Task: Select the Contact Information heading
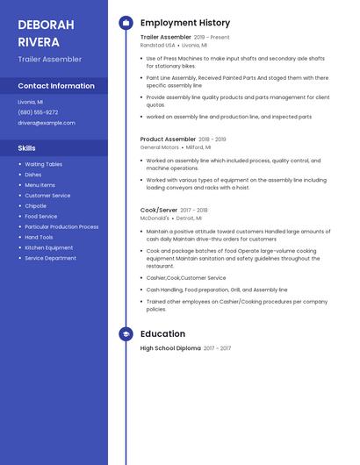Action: point(56,86)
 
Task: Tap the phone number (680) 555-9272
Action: point(38,112)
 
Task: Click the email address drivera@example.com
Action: point(46,123)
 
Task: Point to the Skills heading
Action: point(27,148)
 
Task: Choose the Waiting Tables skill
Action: point(43,164)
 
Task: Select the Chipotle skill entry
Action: point(36,206)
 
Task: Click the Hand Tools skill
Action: point(39,237)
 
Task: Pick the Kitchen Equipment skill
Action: point(49,247)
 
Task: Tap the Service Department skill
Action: point(50,258)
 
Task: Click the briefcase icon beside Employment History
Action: point(126,23)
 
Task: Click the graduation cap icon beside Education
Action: point(126,334)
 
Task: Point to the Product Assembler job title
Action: point(168,139)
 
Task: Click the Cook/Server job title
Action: point(159,211)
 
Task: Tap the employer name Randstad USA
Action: point(158,45)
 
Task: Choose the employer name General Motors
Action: point(159,147)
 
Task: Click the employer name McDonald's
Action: point(155,218)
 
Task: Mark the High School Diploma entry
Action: point(170,348)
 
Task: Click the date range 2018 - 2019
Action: point(212,139)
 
